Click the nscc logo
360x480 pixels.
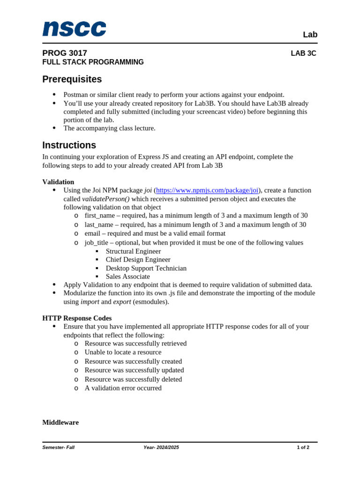74,29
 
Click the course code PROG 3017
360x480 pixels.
65,53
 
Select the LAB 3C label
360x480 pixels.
303,53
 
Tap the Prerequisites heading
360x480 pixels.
72,79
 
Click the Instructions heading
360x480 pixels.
69,145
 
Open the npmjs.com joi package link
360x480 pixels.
207,190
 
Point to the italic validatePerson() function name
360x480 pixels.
105,199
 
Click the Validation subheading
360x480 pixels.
58,182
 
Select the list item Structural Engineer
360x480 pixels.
133,251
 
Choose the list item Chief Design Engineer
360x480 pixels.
138,260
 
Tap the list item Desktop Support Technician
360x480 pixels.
146,268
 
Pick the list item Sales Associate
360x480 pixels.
127,277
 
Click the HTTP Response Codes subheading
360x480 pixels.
77,318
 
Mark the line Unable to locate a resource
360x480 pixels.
123,352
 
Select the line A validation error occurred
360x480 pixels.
123,388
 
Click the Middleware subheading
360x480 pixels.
60,422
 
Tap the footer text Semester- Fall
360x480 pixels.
58,447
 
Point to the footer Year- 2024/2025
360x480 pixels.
161,447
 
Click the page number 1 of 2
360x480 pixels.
303,447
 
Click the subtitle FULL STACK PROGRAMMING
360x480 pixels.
93,62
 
